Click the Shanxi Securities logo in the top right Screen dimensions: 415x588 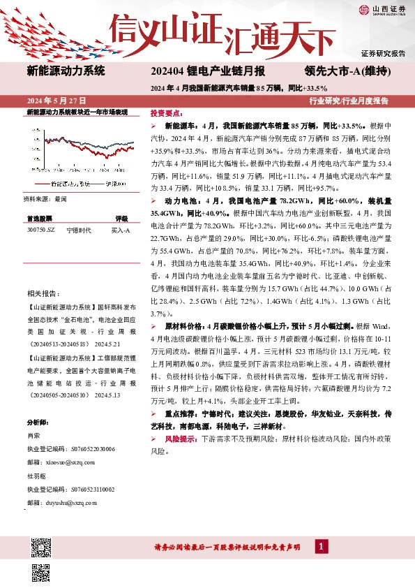(x=383, y=10)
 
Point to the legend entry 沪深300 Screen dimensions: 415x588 (x=116, y=184)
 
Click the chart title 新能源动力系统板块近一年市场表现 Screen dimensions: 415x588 (x=77, y=112)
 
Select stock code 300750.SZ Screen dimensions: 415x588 (x=40, y=229)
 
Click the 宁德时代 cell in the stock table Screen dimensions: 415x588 (x=77, y=229)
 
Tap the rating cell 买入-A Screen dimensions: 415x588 (x=121, y=229)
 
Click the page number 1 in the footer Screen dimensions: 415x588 (x=321, y=565)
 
